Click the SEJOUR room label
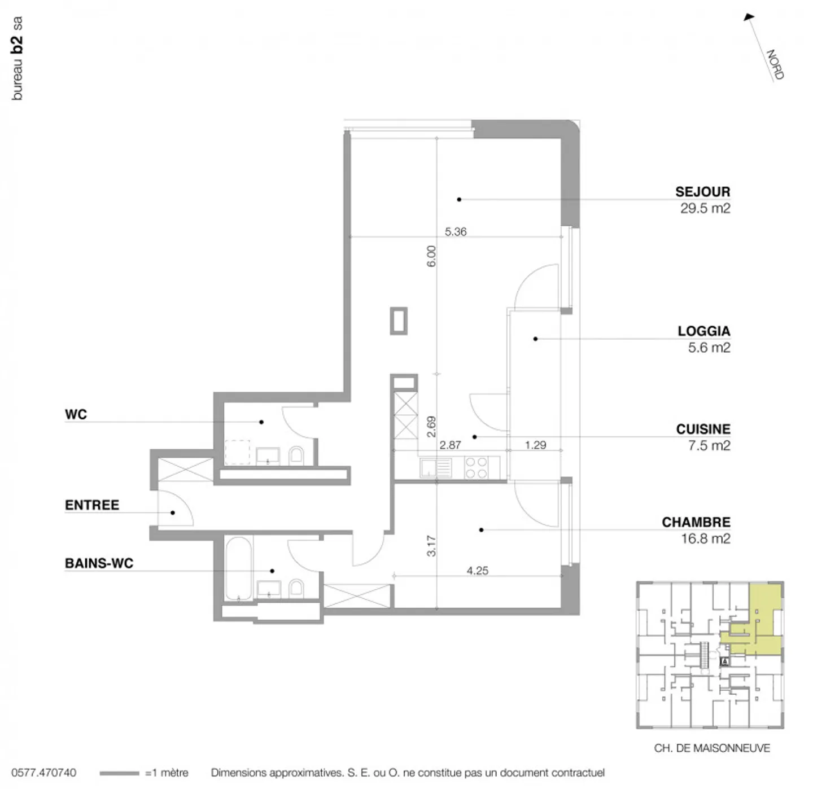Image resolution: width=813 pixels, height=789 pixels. (x=702, y=192)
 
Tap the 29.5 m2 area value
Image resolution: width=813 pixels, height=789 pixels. (x=705, y=208)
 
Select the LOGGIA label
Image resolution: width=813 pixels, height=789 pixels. (x=703, y=331)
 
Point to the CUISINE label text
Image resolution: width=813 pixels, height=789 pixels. (x=703, y=429)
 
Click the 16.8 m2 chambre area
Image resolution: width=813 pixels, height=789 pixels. (x=705, y=538)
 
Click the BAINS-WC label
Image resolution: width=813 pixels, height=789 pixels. (x=99, y=563)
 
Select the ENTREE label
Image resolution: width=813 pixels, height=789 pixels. (x=92, y=505)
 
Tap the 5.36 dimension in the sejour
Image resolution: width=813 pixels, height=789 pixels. (x=456, y=231)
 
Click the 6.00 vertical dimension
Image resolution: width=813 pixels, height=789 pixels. (x=431, y=256)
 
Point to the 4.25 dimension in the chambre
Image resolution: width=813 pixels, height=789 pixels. (x=477, y=571)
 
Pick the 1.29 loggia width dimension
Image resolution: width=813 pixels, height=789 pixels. (x=535, y=445)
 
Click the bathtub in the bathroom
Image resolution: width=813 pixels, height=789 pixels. (x=238, y=569)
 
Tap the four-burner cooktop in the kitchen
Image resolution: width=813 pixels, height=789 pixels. (x=476, y=467)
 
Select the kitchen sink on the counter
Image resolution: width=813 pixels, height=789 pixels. (x=435, y=467)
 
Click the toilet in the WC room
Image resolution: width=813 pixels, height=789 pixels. (x=296, y=455)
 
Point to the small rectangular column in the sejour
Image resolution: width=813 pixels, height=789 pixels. (x=399, y=321)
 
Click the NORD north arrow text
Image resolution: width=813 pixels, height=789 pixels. (x=775, y=64)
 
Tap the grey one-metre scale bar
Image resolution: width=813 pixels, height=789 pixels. (x=119, y=773)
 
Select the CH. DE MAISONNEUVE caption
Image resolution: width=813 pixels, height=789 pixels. (x=711, y=748)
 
